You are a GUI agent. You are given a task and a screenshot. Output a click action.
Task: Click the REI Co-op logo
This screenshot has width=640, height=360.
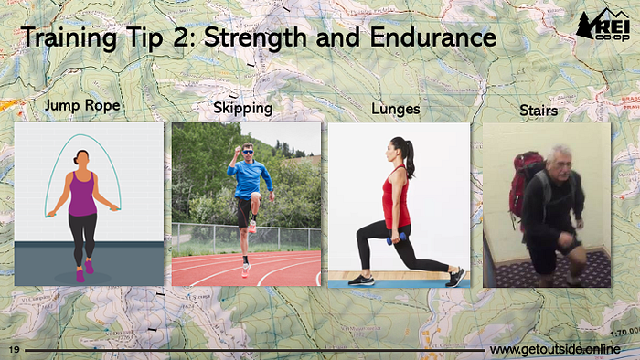pyautogui.click(x=603, y=26)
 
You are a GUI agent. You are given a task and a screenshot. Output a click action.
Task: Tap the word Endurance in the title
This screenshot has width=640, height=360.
pyautogui.click(x=433, y=37)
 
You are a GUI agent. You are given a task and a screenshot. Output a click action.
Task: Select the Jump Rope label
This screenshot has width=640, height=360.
pyautogui.click(x=82, y=106)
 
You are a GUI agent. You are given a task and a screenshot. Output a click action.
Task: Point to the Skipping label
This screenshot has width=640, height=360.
pyautogui.click(x=243, y=109)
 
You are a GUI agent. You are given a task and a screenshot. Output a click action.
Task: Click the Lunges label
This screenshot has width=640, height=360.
pyautogui.click(x=396, y=110)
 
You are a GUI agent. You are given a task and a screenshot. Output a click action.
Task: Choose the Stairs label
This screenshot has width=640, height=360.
pyautogui.click(x=539, y=110)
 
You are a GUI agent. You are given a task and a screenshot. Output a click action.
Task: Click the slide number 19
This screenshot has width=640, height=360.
pyautogui.click(x=15, y=349)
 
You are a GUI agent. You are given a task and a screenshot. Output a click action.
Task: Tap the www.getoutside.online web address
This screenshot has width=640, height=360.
pyautogui.click(x=555, y=349)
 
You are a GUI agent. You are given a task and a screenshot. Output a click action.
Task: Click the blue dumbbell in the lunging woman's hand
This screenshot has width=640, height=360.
pyautogui.click(x=396, y=238)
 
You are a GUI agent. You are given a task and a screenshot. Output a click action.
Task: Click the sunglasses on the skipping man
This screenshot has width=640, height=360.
pyautogui.click(x=248, y=152)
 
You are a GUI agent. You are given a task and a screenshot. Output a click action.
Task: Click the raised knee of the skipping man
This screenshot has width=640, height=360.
pyautogui.click(x=255, y=197)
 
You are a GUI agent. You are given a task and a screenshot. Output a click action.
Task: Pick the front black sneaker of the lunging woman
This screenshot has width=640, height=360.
pyautogui.click(x=361, y=280)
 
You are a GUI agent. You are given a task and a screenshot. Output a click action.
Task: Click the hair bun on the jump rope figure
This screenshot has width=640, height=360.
pyautogui.click(x=76, y=160)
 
